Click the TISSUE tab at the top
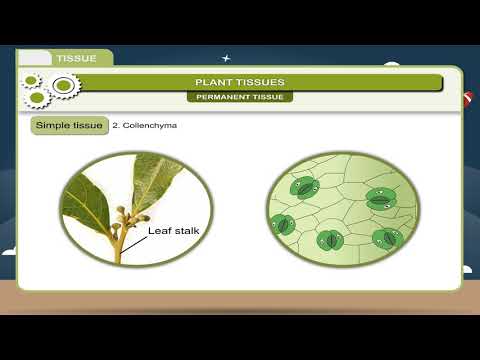pyautogui.click(x=76, y=58)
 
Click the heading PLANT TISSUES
pyautogui.click(x=239, y=82)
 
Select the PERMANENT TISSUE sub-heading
pyautogui.click(x=239, y=97)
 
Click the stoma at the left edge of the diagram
pyautogui.click(x=282, y=224)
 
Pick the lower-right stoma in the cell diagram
pyautogui.click(x=386, y=238)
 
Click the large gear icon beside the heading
pyautogui.click(x=63, y=86)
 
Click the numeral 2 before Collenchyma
pyautogui.click(x=114, y=127)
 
